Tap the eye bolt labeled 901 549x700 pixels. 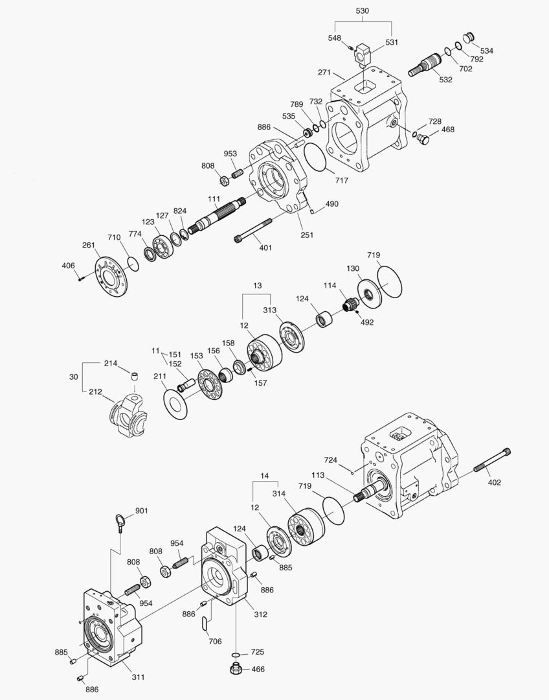point(120,520)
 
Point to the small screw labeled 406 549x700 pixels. point(80,278)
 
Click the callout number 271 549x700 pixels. point(325,73)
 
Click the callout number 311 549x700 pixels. point(138,677)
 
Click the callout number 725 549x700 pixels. point(258,651)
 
